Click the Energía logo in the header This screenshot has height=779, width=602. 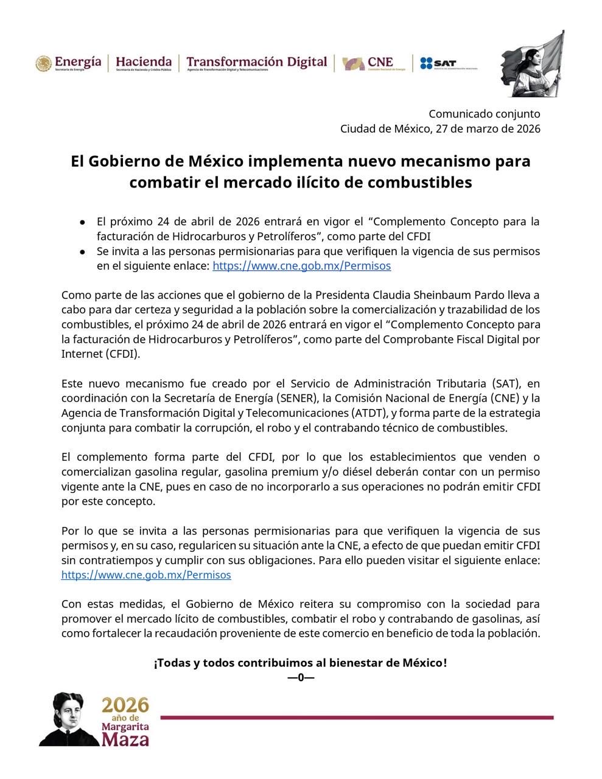68,63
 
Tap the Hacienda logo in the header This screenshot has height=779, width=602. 143,63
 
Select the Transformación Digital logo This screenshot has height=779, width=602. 256,63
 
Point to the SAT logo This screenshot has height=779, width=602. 447,63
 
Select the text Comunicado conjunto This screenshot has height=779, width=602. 484,114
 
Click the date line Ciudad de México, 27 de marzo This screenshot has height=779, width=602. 439,128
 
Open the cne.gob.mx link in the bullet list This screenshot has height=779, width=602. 301,265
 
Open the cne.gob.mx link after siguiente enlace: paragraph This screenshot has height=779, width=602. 146,575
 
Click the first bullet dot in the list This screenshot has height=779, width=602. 82,222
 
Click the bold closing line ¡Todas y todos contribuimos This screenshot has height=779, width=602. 300,662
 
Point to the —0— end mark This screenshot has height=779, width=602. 301,677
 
